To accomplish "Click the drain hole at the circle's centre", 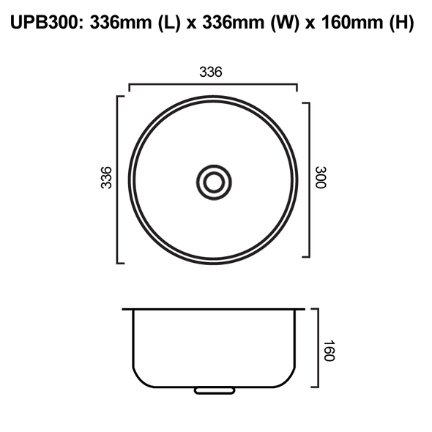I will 214,180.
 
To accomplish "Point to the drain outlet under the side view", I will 212,391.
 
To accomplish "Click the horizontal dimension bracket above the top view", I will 213,86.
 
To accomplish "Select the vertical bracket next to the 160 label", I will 317,349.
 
